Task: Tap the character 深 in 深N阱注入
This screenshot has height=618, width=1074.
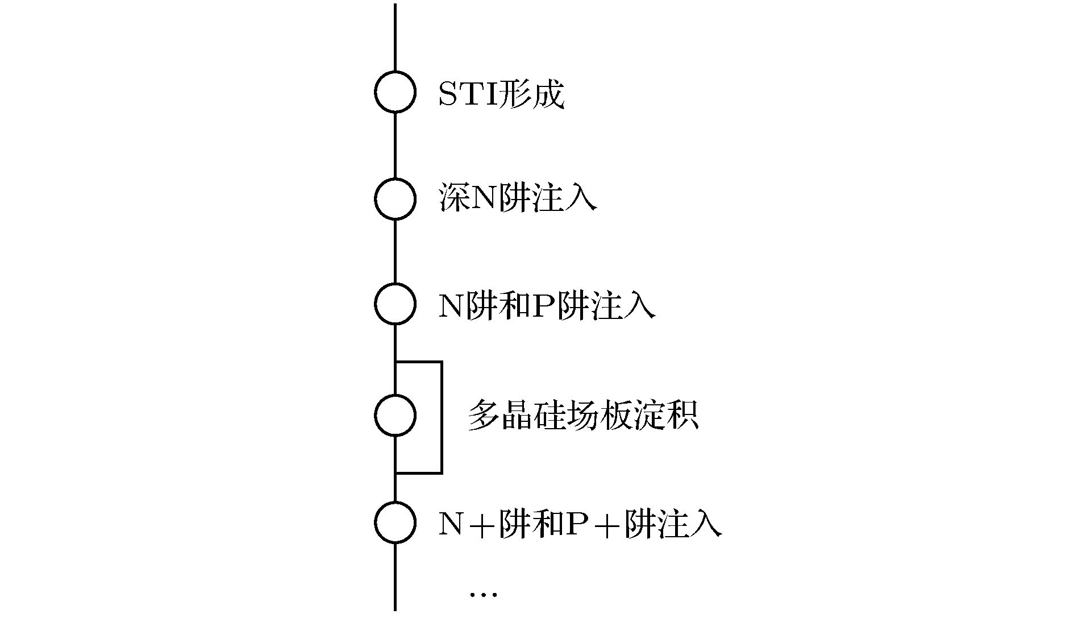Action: (453, 198)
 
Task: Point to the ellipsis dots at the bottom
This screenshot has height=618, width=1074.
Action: (483, 595)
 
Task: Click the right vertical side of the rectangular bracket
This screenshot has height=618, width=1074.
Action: (442, 417)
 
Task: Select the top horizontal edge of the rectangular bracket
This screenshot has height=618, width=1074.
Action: (418, 362)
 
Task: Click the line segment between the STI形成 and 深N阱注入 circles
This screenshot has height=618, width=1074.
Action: (395, 145)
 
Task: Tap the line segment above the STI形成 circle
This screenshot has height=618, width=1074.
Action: (395, 37)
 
